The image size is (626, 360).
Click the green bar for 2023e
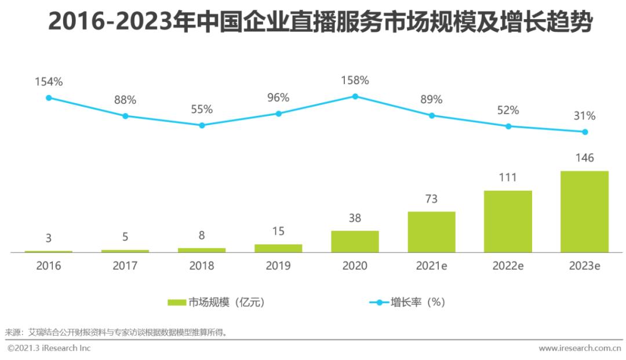pyautogui.click(x=584, y=212)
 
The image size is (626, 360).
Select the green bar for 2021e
pyautogui.click(x=431, y=232)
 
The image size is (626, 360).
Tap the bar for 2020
pyautogui.click(x=355, y=242)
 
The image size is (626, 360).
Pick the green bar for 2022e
pyautogui.click(x=508, y=221)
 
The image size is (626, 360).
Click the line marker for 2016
pyautogui.click(x=49, y=98)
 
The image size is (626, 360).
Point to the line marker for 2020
pyautogui.click(x=355, y=96)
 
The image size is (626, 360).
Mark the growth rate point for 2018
pyautogui.click(x=202, y=125)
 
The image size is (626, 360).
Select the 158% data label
pyautogui.click(x=355, y=81)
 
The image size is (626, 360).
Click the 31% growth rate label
pyautogui.click(x=584, y=116)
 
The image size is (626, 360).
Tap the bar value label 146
pyautogui.click(x=584, y=158)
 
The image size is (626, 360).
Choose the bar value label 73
pyautogui.click(x=431, y=199)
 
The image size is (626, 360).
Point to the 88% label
pyautogui.click(x=125, y=100)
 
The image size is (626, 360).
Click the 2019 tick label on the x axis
pyautogui.click(x=278, y=266)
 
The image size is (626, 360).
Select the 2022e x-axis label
pyautogui.click(x=508, y=266)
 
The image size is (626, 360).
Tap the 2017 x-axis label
pyautogui.click(x=125, y=266)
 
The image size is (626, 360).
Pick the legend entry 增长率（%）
pyautogui.click(x=408, y=302)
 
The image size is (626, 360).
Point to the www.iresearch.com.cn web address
pyautogui.click(x=579, y=348)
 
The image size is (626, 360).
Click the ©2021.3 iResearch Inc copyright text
pyautogui.click(x=49, y=348)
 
